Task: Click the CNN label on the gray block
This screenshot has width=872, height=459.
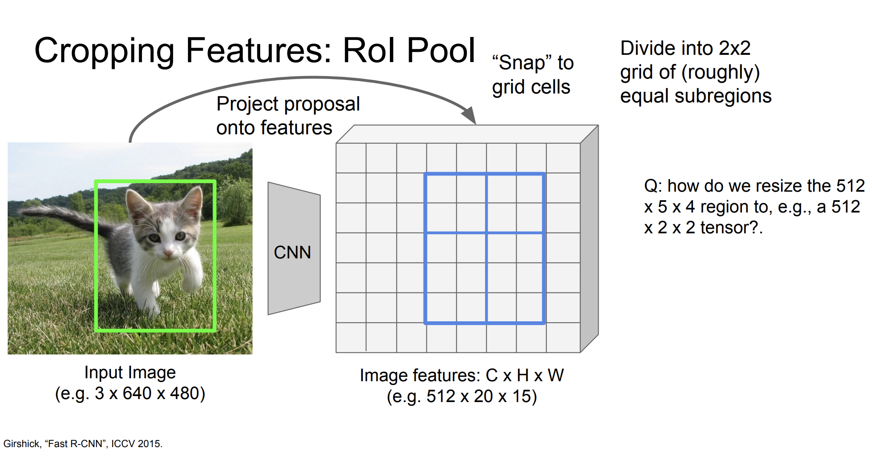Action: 293,252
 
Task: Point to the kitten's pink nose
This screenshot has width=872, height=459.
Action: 168,254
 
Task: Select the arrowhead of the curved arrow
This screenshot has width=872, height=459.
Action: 469,115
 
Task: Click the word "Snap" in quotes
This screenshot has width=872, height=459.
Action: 522,63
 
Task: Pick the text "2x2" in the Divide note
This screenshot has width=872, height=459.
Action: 734,48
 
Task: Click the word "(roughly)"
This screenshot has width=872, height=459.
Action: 721,73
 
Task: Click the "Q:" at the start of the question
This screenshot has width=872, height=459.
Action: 653,187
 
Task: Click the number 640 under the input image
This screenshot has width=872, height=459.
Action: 137,393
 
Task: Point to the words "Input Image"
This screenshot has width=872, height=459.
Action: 130,373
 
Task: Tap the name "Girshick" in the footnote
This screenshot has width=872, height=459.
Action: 22,444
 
